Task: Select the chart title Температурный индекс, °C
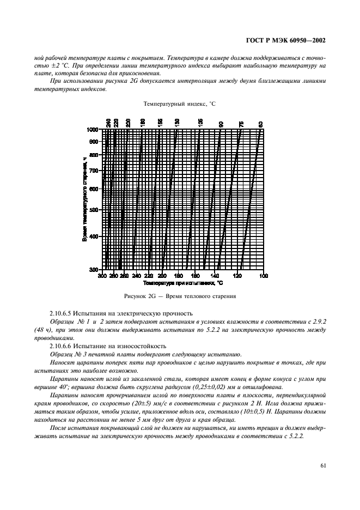click(x=180, y=104)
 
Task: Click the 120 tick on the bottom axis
click(x=237, y=276)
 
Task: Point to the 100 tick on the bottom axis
click(x=264, y=276)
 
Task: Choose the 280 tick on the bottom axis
click(x=113, y=276)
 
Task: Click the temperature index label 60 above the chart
click(x=261, y=123)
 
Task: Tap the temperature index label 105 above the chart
click(x=200, y=123)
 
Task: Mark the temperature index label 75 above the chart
click(x=241, y=123)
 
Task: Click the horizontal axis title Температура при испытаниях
click(x=183, y=283)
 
